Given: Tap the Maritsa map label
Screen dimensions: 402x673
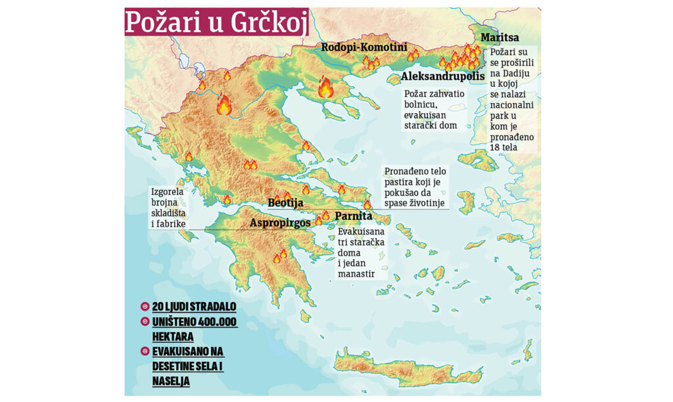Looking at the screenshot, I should click(x=499, y=37).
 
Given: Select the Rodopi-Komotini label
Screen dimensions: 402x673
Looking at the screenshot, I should click(x=363, y=47).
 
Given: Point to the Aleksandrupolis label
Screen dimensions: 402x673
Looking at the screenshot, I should click(x=442, y=77).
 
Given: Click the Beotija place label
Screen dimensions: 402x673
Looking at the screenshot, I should click(x=285, y=203).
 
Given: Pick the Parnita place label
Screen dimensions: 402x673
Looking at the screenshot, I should click(x=354, y=215).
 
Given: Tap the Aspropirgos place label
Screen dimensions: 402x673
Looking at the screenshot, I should click(x=280, y=223).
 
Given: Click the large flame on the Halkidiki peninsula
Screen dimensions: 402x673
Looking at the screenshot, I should click(x=325, y=87).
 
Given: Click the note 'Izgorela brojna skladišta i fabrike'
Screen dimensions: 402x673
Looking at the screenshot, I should click(x=169, y=208).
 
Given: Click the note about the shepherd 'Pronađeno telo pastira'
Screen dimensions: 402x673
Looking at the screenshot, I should click(x=415, y=188).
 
